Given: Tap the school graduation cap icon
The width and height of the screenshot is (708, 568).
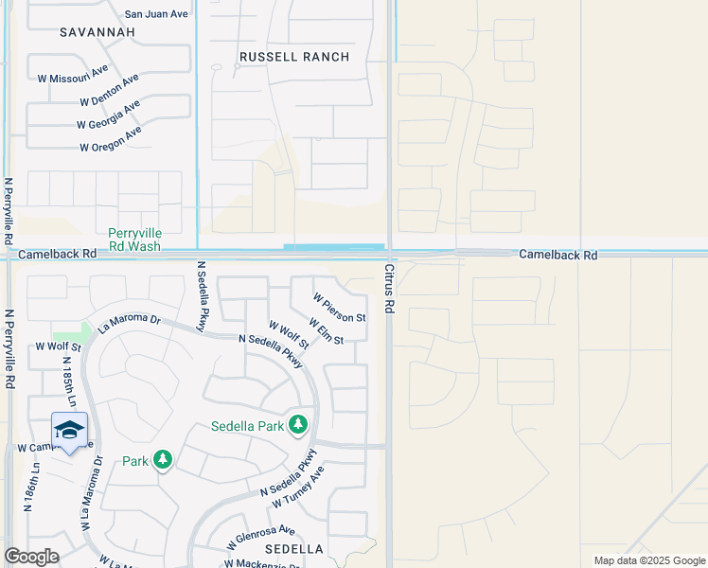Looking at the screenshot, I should click(x=69, y=431).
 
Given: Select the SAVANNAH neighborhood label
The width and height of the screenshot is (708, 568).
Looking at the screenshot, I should click(x=97, y=32).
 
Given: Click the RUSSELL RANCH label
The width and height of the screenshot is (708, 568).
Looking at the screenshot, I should click(x=294, y=57).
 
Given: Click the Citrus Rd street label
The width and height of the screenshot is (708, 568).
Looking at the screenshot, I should click(x=388, y=290).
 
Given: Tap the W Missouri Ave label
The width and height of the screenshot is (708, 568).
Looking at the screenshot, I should click(x=72, y=72).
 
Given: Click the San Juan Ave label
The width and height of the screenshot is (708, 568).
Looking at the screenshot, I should click(x=157, y=14).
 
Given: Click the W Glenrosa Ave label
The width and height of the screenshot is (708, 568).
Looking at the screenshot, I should click(x=260, y=538).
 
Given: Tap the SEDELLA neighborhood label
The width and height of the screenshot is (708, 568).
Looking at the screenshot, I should click(x=294, y=549).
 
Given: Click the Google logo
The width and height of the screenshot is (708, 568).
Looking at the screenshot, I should click(x=31, y=557).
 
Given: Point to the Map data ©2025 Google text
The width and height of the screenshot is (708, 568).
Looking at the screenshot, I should click(x=649, y=560).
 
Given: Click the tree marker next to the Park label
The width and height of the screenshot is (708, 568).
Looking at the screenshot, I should click(x=163, y=461).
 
